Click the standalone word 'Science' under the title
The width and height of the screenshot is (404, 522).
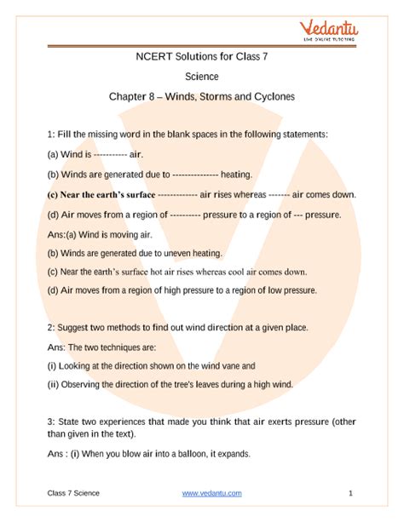[x=201, y=76]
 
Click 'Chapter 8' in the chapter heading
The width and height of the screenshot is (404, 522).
[x=130, y=96]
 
